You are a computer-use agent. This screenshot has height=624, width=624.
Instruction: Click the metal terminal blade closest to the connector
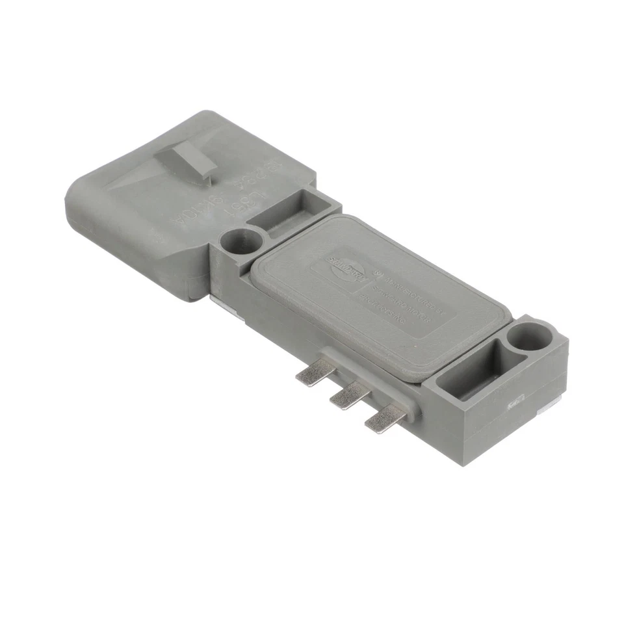[x=314, y=373]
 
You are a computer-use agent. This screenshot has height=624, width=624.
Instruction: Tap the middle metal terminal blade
[x=349, y=395]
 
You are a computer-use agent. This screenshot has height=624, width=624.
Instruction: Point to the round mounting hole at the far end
[x=528, y=337]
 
